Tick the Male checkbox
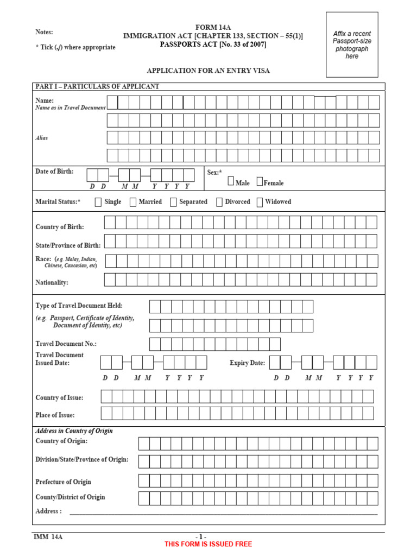[231, 181]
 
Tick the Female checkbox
[260, 181]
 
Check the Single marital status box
[98, 202]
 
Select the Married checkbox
[134, 202]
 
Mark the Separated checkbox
[173, 202]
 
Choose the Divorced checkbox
[219, 202]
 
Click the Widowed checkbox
[260, 202]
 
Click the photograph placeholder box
[352, 45]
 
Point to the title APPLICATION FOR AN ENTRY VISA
[208, 71]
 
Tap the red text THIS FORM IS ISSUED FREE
[208, 544]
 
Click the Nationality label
[52, 283]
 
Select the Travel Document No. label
[66, 344]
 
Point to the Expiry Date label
[247, 363]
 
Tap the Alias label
[42, 138]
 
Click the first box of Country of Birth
[110, 223]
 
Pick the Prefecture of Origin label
[63, 482]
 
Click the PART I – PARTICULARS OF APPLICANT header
[97, 86]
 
